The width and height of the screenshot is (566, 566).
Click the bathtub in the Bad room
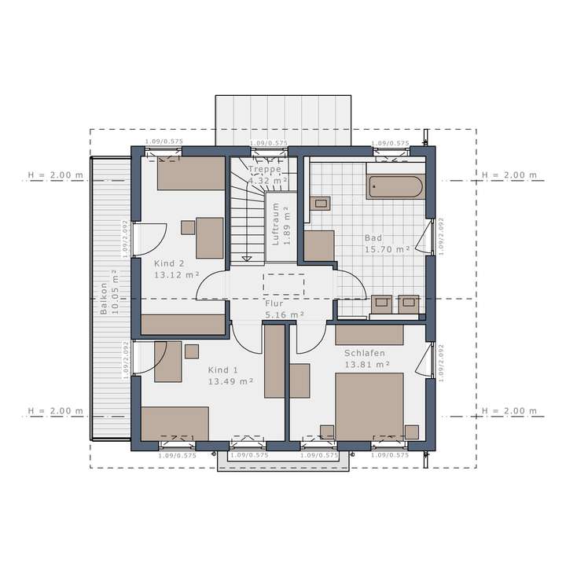pos(395,187)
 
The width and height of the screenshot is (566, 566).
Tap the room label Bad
pos(373,237)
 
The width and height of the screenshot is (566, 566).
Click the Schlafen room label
pos(365,354)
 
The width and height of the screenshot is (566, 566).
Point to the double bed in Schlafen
pos(369,407)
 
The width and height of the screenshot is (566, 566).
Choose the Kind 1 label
pos(222,370)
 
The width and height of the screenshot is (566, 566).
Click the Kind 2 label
pos(169,263)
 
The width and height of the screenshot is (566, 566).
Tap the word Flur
pos(274,302)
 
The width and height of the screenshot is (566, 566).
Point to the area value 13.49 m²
pos(230,382)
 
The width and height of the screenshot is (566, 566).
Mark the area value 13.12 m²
pos(176,275)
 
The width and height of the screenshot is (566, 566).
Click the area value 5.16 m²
pos(285,314)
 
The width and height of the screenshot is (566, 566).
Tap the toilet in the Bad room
pos(320,204)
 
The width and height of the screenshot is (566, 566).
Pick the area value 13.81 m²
pos(367,365)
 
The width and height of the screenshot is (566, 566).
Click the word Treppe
pos(264,169)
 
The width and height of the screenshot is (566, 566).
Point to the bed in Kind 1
pos(175,424)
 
